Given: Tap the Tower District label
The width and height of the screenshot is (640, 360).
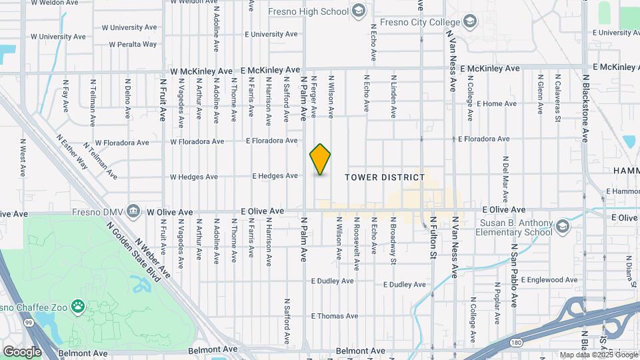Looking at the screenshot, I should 385,177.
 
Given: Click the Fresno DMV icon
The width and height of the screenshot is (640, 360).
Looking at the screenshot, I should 133,211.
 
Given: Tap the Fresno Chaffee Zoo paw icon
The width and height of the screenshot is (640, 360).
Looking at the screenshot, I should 79,306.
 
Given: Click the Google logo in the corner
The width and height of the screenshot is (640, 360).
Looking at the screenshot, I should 22,351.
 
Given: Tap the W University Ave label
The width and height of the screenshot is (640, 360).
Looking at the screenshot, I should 131,27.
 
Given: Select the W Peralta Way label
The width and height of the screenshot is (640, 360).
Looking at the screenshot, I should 129,45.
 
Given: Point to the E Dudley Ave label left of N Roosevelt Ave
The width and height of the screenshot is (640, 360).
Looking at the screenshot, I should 332,281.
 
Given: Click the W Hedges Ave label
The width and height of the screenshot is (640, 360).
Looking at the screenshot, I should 194,177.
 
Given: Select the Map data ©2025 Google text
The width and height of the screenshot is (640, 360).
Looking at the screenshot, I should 598,355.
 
